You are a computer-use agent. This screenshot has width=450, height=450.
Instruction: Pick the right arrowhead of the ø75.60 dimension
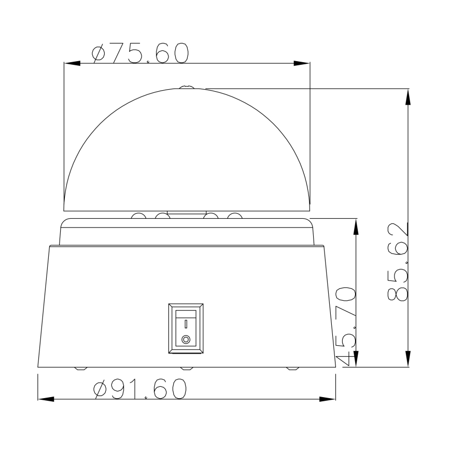[x=302, y=63]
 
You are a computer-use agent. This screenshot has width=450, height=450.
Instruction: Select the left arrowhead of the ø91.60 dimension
[x=46, y=399]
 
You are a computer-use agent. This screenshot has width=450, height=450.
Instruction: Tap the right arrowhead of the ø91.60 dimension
[x=328, y=399]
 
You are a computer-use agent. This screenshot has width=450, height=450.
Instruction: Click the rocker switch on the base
[x=186, y=329]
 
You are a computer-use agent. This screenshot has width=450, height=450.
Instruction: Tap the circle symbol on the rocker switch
[x=186, y=341]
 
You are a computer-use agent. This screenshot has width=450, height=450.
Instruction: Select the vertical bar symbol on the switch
[x=186, y=325]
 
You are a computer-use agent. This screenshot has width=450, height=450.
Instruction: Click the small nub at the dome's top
[x=186, y=88]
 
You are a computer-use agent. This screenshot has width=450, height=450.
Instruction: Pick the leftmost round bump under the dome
[x=138, y=216]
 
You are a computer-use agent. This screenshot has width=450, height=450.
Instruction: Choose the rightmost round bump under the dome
[x=235, y=216]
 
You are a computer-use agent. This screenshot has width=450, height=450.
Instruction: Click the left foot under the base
[x=80, y=369]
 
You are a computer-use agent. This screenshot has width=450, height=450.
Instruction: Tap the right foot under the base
[x=293, y=369]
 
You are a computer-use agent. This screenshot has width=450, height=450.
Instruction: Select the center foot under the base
[x=187, y=369]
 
